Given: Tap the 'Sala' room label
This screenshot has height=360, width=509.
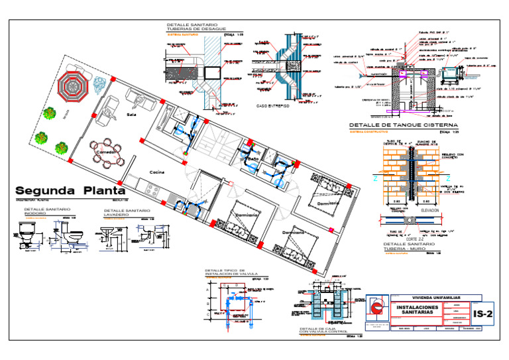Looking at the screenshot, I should (x=131, y=115).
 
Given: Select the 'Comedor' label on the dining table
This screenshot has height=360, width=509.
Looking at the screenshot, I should (x=107, y=152).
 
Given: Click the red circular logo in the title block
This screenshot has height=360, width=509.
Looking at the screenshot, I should (x=377, y=308).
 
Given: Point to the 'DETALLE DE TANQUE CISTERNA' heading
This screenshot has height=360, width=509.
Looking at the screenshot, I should (x=403, y=125).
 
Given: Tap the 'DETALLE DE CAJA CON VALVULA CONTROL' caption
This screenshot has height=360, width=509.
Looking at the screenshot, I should (x=321, y=330).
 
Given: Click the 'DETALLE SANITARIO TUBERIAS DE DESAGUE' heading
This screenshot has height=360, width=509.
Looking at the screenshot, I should (x=196, y=27).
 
